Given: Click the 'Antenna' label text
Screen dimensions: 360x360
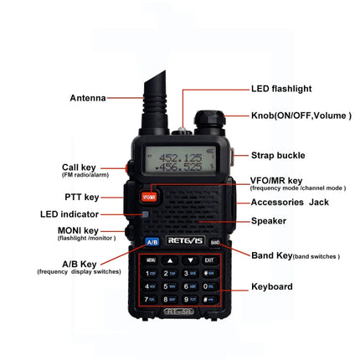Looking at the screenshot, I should [x=88, y=98].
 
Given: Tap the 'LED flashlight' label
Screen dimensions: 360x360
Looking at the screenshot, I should [x=283, y=88].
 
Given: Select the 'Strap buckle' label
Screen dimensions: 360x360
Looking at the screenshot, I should [x=280, y=156].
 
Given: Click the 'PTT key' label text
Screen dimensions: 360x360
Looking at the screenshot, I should [x=82, y=197].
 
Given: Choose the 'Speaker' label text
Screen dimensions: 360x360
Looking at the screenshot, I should [x=269, y=221].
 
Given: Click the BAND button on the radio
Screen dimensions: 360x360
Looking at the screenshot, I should [x=214, y=243].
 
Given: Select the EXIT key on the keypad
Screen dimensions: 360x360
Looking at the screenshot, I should [x=208, y=260].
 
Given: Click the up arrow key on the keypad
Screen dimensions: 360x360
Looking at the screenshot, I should [x=169, y=260].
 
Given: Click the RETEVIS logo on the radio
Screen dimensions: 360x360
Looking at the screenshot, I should [x=183, y=241].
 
